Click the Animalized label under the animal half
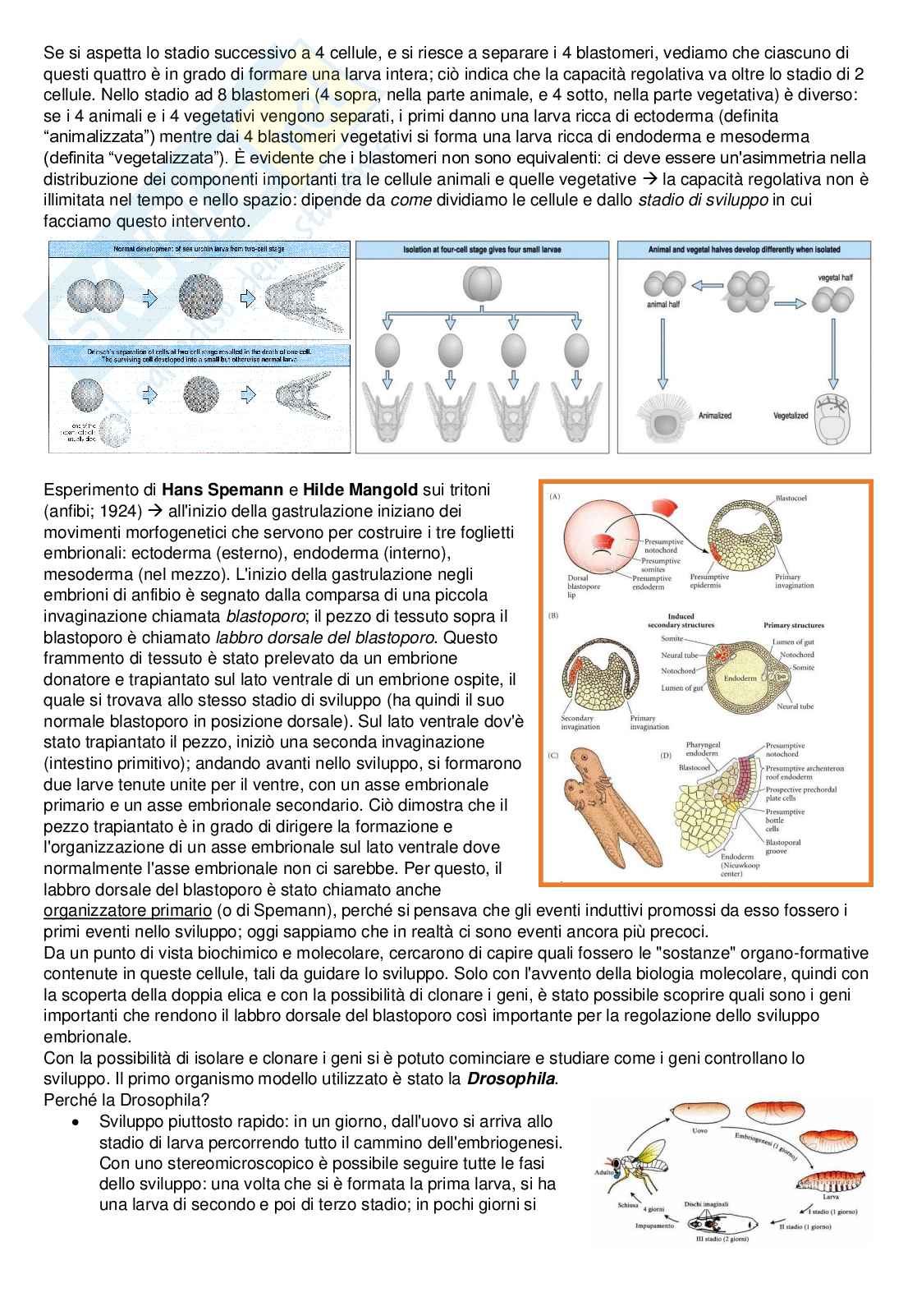click(x=714, y=416)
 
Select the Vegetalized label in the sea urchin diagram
click(x=791, y=416)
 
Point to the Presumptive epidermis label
click(x=710, y=582)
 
